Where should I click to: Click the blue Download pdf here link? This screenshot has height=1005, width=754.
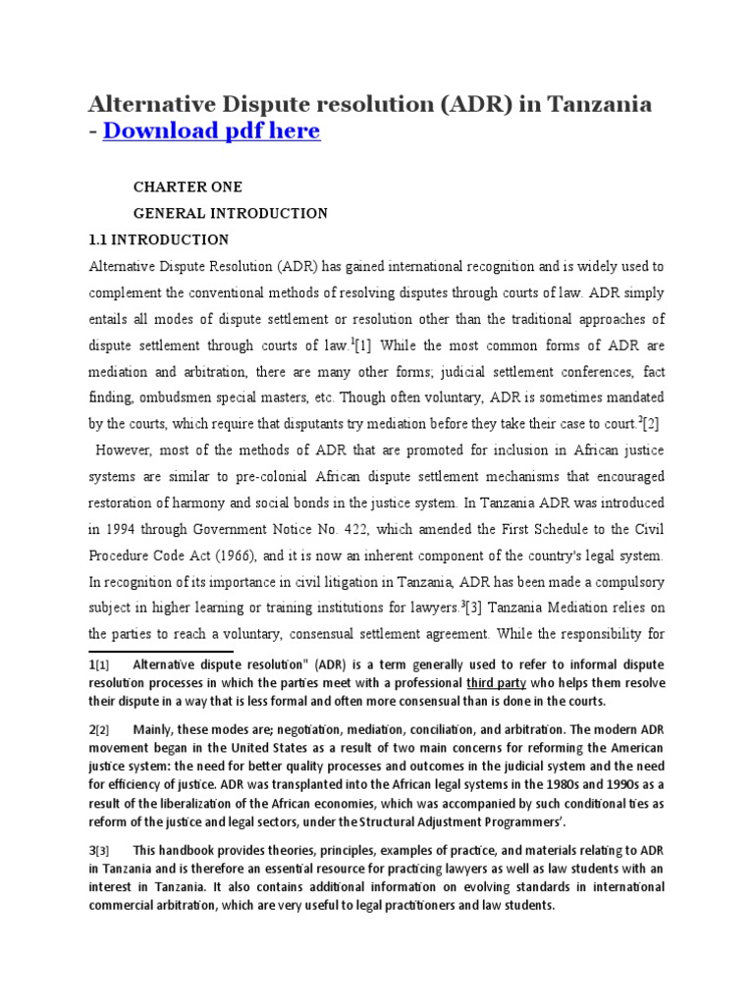pyautogui.click(x=211, y=131)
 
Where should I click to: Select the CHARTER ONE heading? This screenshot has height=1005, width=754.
pyautogui.click(x=188, y=186)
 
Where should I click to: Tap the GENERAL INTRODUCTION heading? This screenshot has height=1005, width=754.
pyautogui.click(x=231, y=213)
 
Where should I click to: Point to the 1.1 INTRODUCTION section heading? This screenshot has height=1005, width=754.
pyautogui.click(x=159, y=239)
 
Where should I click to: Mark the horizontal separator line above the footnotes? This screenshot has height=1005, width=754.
pyautogui.click(x=161, y=650)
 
